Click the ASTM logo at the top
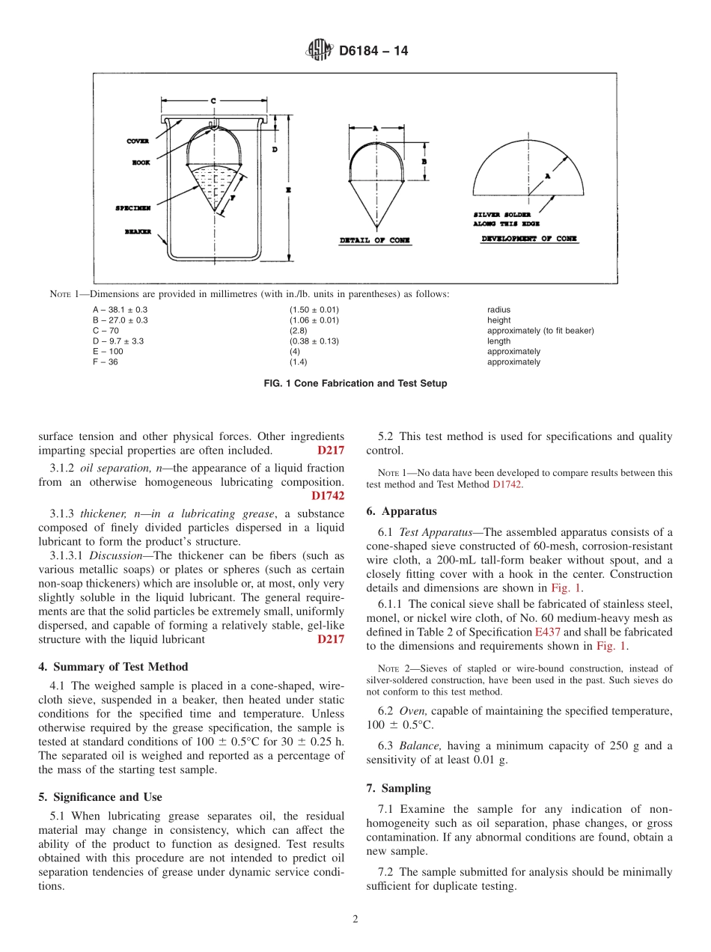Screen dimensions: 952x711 tap(320, 52)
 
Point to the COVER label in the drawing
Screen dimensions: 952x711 tap(138, 141)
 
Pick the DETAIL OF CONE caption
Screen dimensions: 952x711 tap(375, 240)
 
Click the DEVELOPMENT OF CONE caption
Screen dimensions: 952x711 tap(529, 239)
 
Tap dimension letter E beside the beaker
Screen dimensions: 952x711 tap(288, 190)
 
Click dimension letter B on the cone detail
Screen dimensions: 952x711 tap(424, 161)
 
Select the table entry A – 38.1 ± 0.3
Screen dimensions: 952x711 tap(120, 310)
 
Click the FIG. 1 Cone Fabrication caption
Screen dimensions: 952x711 tap(355, 383)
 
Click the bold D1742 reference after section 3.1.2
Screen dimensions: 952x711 tap(328, 495)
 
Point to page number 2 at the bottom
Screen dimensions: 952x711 tap(355, 920)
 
